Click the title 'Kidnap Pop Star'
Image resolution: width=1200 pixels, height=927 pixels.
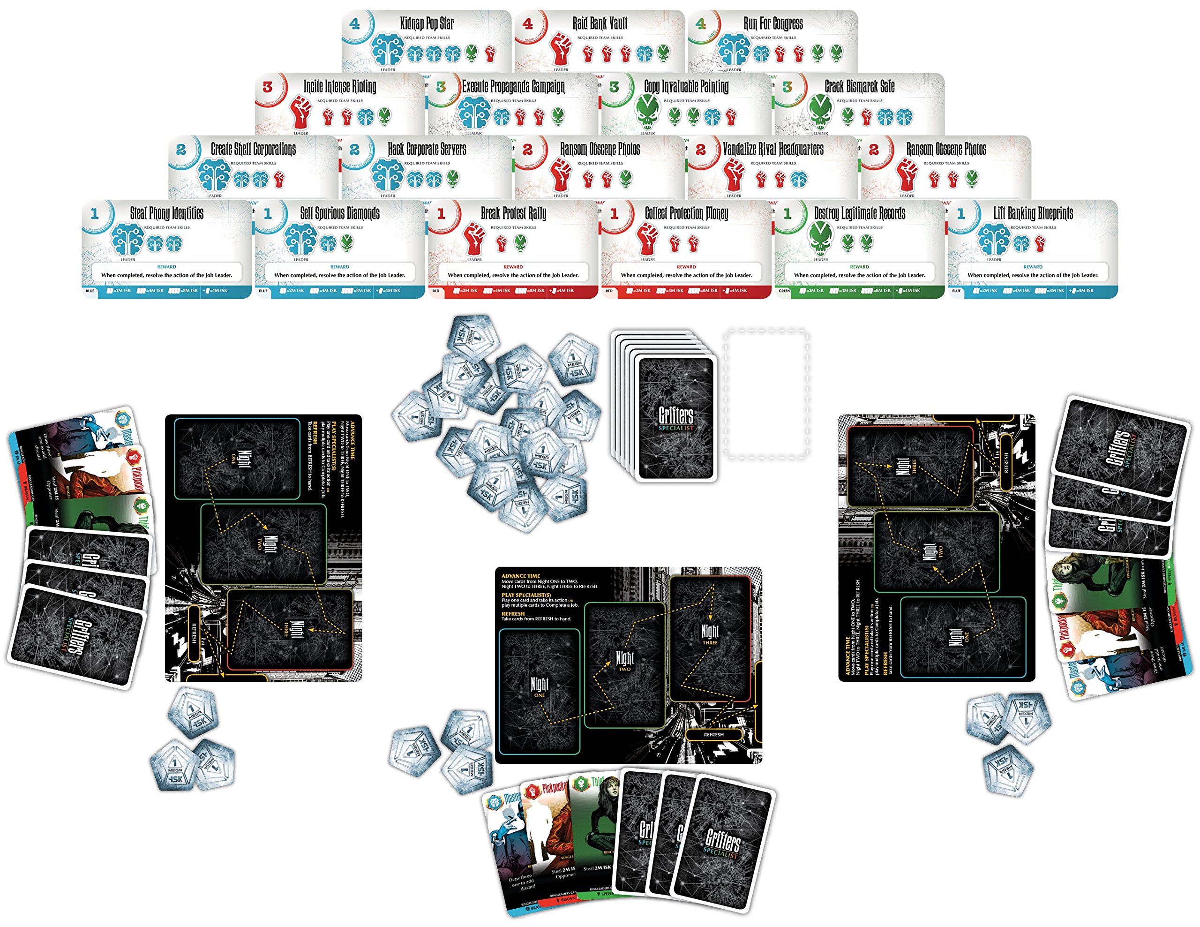(x=427, y=23)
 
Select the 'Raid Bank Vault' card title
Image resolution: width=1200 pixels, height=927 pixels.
(x=600, y=23)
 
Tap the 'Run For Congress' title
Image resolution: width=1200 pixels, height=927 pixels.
(x=772, y=23)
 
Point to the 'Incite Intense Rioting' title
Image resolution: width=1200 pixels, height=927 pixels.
(x=339, y=86)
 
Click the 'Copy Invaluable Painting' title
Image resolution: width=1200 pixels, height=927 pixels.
(x=686, y=86)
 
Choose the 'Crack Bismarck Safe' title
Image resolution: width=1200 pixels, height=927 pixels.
(x=859, y=86)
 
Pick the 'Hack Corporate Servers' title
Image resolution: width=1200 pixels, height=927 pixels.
(x=427, y=149)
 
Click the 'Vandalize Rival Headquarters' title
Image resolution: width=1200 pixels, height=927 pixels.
(x=772, y=149)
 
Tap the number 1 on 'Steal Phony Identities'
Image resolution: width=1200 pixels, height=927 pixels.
(x=95, y=213)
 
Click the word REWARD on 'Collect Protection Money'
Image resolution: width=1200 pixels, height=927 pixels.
(x=686, y=266)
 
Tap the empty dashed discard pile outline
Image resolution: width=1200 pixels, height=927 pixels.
(x=766, y=394)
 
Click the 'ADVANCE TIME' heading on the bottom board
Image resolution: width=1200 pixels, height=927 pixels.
(x=520, y=576)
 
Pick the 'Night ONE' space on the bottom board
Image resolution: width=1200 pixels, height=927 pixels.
(x=539, y=687)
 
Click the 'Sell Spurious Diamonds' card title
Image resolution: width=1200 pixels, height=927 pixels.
(x=339, y=213)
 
